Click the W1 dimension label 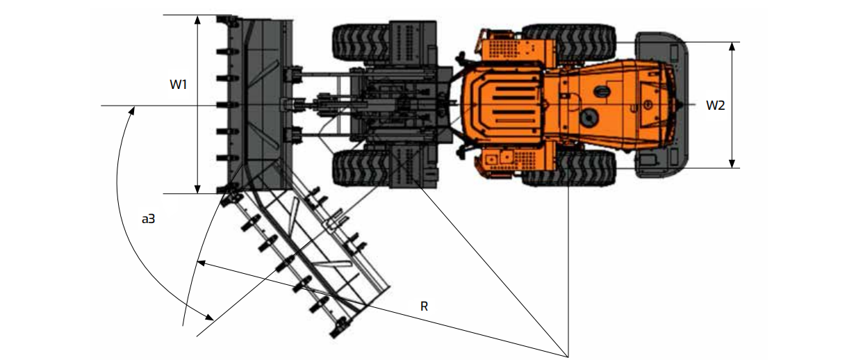pyautogui.click(x=178, y=84)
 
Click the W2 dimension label pyautogui.click(x=716, y=105)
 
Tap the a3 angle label pyautogui.click(x=148, y=218)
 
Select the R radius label pyautogui.click(x=424, y=306)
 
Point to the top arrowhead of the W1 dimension pyautogui.click(x=197, y=19)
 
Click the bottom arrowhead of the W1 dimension pyautogui.click(x=197, y=189)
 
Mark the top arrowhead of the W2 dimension pyautogui.click(x=732, y=47)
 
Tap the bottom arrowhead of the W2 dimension pyautogui.click(x=732, y=163)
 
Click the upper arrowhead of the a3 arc pyautogui.click(x=132, y=111)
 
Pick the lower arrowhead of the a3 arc pyautogui.click(x=209, y=317)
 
